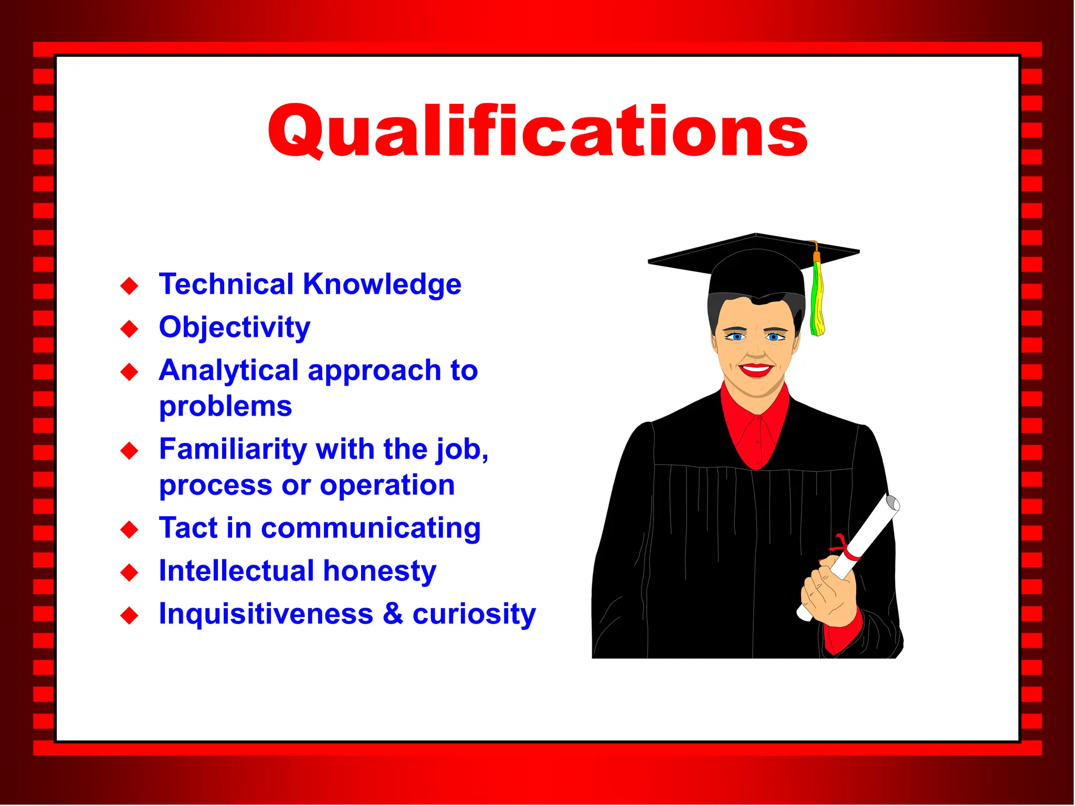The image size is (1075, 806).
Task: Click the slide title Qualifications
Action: click(537, 131)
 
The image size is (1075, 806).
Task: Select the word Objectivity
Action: click(235, 327)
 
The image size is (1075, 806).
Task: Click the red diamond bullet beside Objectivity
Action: click(129, 329)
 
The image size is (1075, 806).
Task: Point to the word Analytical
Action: click(229, 370)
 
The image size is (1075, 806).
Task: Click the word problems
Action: click(225, 406)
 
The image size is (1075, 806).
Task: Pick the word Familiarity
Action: click(233, 449)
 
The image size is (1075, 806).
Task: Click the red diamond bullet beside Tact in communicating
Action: click(129, 529)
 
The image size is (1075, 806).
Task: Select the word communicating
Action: click(371, 528)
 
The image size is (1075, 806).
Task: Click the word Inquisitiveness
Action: click(266, 614)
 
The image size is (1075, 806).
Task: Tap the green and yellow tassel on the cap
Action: click(817, 299)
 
